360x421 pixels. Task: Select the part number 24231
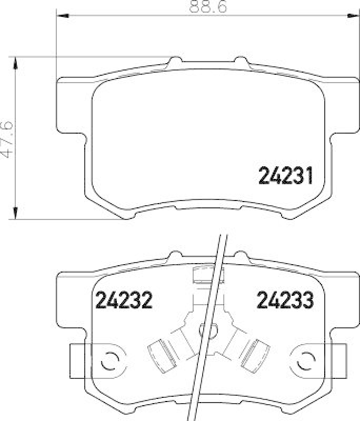[286, 176]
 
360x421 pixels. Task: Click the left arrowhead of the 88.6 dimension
[60, 16]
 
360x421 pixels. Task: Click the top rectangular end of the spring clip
[208, 275]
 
